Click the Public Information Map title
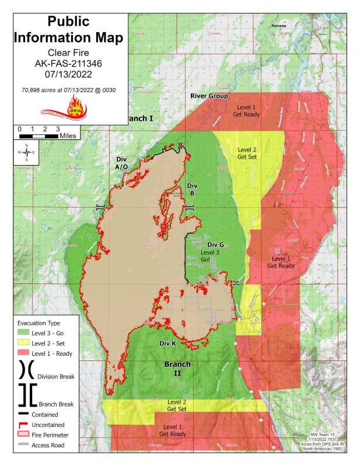(69, 30)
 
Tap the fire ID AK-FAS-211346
(69, 64)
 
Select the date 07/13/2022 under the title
(69, 75)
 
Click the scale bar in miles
(39, 135)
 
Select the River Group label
(209, 96)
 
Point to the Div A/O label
(122, 163)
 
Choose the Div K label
(167, 343)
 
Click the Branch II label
(177, 369)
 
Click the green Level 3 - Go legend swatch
(23, 332)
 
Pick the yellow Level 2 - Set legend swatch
(23, 342)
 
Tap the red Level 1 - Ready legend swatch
(23, 353)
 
